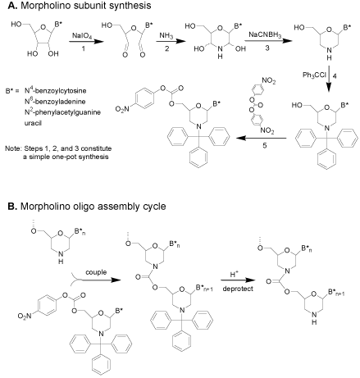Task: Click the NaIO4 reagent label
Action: click(82, 36)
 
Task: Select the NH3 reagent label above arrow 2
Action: click(166, 35)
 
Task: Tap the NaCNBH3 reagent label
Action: click(265, 35)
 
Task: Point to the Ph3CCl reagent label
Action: click(314, 75)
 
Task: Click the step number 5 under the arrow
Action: click(264, 145)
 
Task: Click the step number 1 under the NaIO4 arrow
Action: click(84, 48)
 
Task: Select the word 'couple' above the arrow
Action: click(96, 272)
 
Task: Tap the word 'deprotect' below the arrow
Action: click(238, 289)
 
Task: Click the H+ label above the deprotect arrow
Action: click(233, 274)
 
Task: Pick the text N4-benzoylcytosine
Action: click(56, 90)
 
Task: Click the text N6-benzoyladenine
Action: click(55, 101)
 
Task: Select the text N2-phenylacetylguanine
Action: click(62, 112)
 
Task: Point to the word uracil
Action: click(33, 123)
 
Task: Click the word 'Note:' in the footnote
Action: click(13, 148)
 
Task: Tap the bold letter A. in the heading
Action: click(12, 5)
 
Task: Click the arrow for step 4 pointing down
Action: click(329, 79)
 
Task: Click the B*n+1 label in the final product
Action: click(336, 293)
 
